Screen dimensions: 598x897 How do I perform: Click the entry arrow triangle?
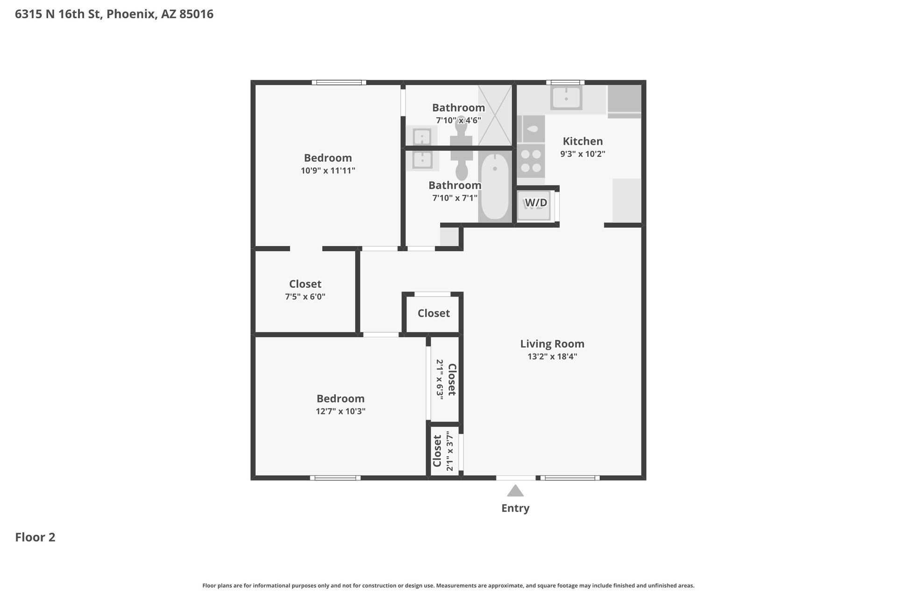pyautogui.click(x=515, y=491)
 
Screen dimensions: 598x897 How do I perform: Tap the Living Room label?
pyautogui.click(x=552, y=344)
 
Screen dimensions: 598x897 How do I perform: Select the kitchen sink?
pyautogui.click(x=566, y=98)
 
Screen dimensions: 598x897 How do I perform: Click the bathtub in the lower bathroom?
pyautogui.click(x=495, y=187)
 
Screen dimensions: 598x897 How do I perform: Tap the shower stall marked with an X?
pyautogui.click(x=495, y=115)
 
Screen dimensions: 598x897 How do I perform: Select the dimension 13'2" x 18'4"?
pyautogui.click(x=552, y=356)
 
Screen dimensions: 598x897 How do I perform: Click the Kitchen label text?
pyautogui.click(x=583, y=141)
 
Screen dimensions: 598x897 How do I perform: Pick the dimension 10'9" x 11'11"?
pyautogui.click(x=328, y=171)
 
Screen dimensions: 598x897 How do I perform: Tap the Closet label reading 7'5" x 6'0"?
pyautogui.click(x=305, y=284)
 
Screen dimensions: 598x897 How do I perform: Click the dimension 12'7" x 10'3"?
pyautogui.click(x=340, y=411)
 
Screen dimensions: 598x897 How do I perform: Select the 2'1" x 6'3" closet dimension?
pyautogui.click(x=440, y=378)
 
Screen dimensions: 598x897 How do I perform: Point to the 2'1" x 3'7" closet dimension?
pyautogui.click(x=450, y=451)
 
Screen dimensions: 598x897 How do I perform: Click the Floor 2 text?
pyautogui.click(x=35, y=537)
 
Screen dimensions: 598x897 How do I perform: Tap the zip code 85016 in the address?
pyautogui.click(x=196, y=14)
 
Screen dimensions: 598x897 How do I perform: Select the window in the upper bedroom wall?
pyautogui.click(x=339, y=83)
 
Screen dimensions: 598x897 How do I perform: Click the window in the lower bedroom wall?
pyautogui.click(x=335, y=478)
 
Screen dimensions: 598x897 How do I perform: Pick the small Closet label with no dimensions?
pyautogui.click(x=434, y=313)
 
